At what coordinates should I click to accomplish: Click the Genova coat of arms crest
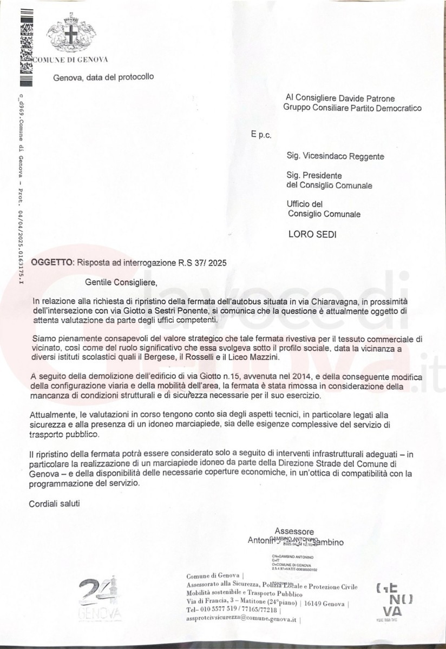coord(69,34)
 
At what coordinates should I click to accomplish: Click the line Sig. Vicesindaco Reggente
coord(336,156)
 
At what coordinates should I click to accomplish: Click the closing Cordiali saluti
coord(54,504)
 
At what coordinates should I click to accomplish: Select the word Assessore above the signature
coord(293,531)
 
